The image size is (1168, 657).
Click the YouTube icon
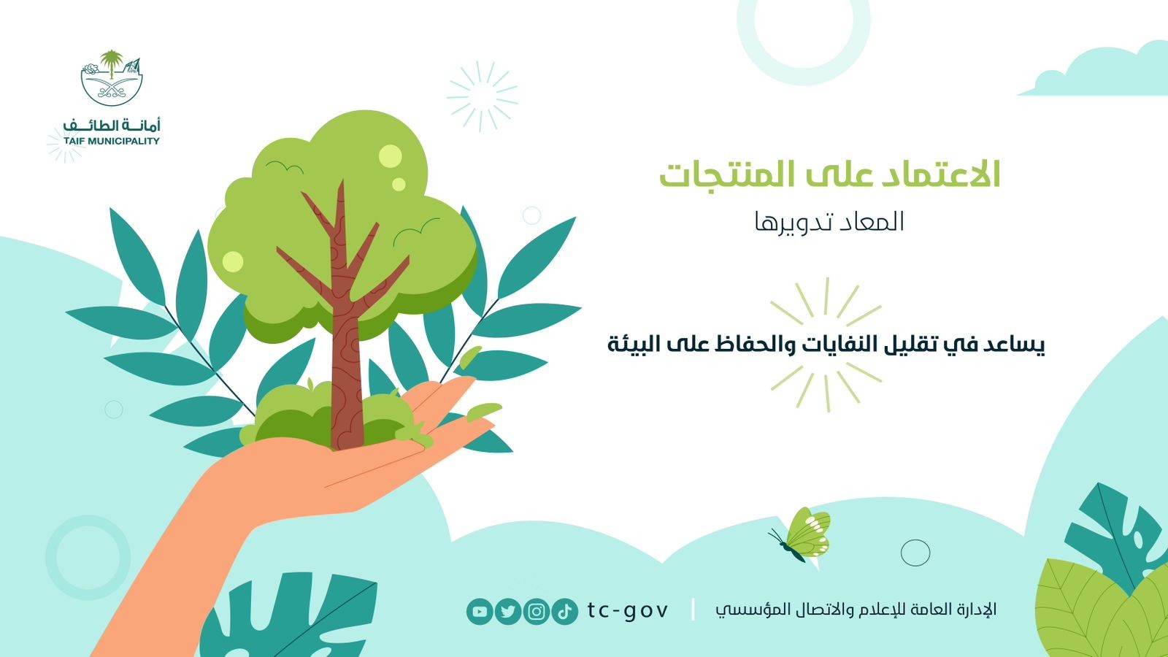click(x=480, y=611)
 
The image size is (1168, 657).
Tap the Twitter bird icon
click(x=508, y=611)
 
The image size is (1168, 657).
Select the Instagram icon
click(x=536, y=611)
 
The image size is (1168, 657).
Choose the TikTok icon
click(x=565, y=611)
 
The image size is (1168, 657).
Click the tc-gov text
click(x=627, y=610)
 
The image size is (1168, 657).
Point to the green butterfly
click(x=802, y=535)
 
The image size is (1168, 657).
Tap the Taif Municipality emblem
click(x=112, y=77)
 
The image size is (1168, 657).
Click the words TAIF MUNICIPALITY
click(x=112, y=141)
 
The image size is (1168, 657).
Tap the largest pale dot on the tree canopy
click(x=390, y=156)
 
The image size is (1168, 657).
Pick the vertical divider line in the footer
click(x=693, y=610)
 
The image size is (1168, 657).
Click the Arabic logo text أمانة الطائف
click(x=112, y=125)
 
